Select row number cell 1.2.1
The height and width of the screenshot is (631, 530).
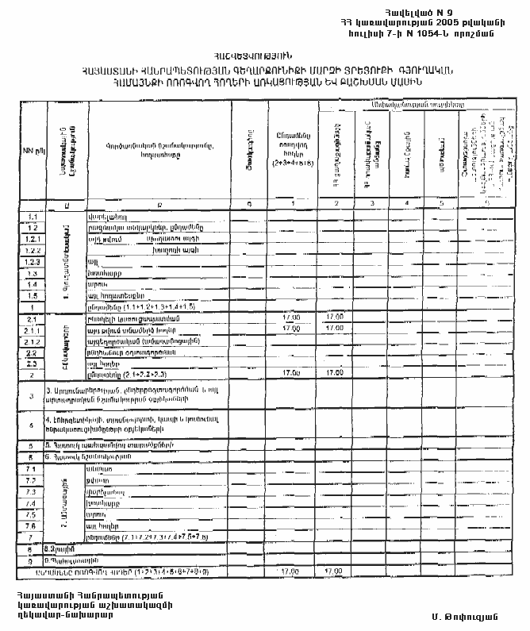32,238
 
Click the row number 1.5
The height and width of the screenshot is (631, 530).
32,294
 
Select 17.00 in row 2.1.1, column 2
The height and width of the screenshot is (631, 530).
334,327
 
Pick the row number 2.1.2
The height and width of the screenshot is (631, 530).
32,340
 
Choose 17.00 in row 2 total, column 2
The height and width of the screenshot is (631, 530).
334,372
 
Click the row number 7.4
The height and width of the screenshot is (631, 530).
32,503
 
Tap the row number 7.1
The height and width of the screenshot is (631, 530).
32,470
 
